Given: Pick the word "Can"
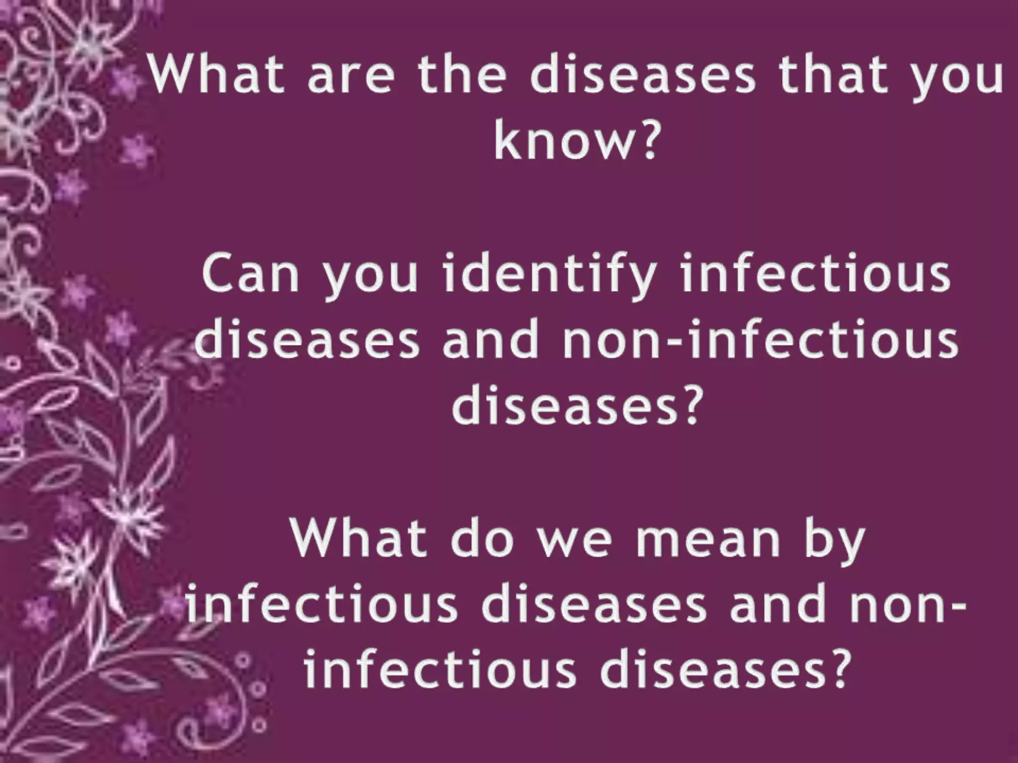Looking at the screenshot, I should pos(251,276).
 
